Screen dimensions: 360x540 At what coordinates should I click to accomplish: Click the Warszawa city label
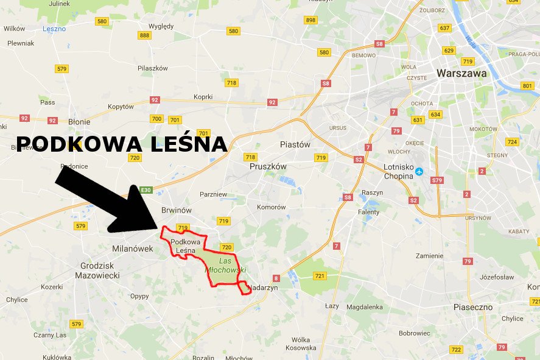[x=461, y=73]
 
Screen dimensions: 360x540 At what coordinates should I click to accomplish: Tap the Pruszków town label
[x=268, y=166]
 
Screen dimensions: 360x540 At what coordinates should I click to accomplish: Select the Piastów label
[x=295, y=145]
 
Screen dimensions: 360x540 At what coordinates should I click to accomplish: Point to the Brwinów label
[x=176, y=210]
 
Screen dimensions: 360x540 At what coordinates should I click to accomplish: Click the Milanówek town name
[x=133, y=249]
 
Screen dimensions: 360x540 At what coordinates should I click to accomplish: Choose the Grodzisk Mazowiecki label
[x=100, y=270]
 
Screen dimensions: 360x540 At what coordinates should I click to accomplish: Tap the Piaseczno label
[x=473, y=307]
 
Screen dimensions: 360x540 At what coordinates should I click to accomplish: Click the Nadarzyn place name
[x=264, y=288]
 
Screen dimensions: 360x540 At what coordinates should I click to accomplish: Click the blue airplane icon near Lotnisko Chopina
[x=418, y=171]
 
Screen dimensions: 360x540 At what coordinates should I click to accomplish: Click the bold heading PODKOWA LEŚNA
[x=121, y=144]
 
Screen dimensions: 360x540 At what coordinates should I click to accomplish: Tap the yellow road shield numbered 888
[x=144, y=35]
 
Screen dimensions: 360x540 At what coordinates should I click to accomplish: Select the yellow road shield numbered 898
[x=310, y=20]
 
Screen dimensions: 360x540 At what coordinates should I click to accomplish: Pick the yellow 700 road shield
[x=156, y=119]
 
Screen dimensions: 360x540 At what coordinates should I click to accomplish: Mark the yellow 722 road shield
[x=455, y=350]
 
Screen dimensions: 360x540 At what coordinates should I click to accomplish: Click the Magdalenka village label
[x=364, y=307]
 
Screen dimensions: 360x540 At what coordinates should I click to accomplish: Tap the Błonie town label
[x=79, y=122]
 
